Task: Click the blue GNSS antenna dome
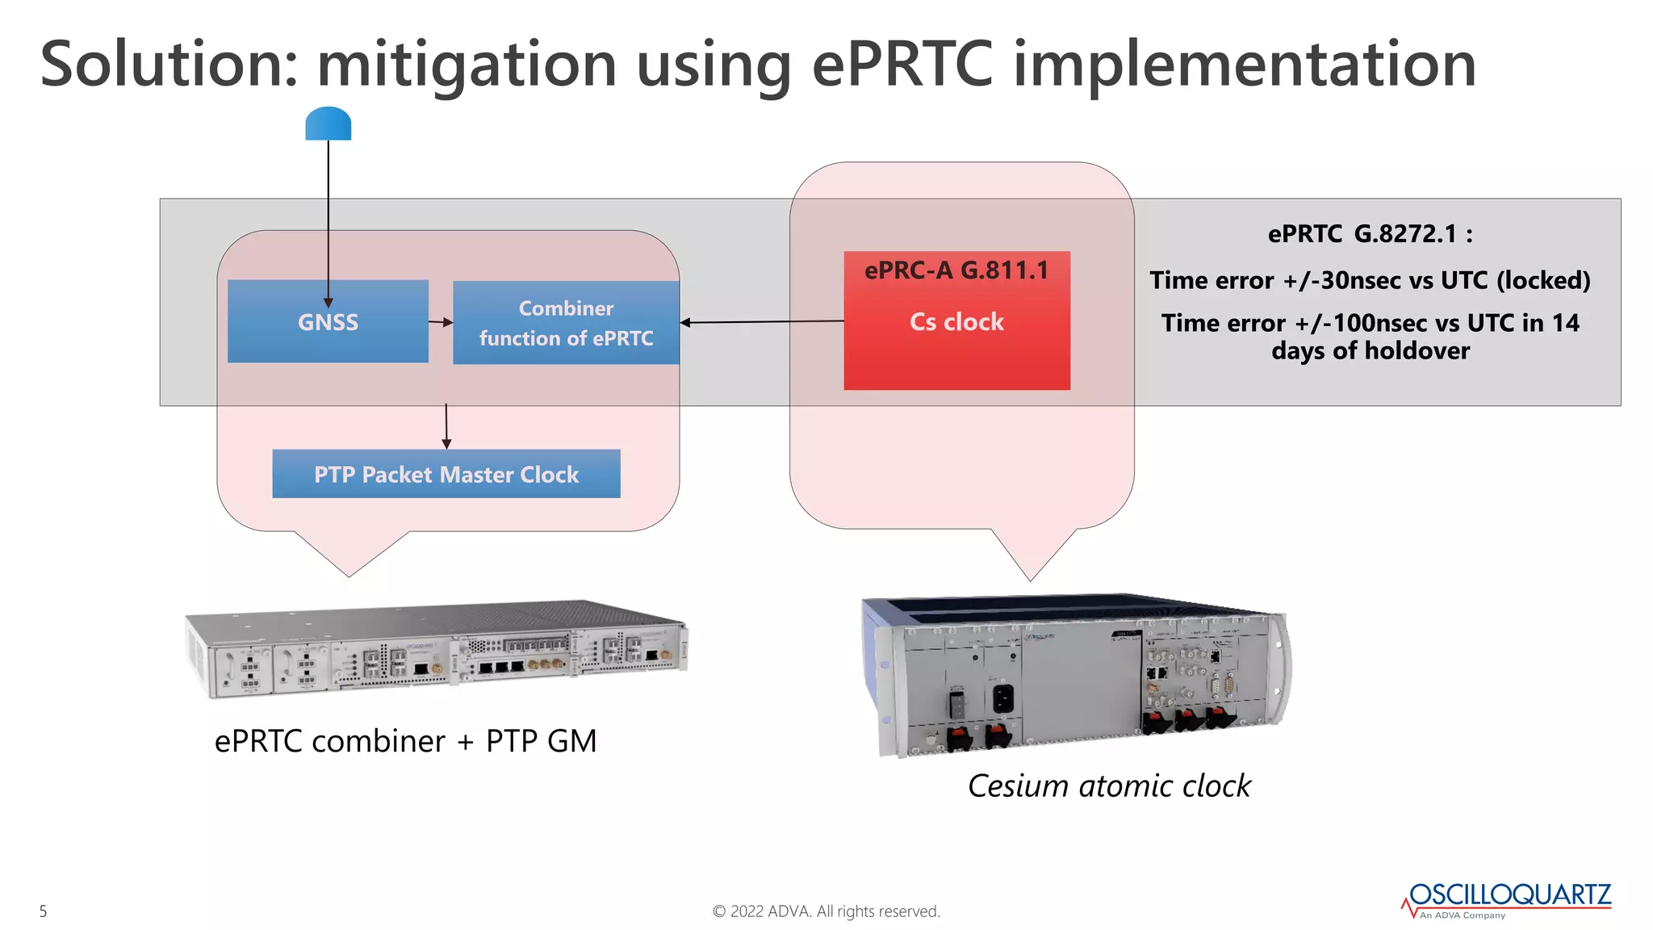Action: [x=329, y=124]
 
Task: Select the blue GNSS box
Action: [x=328, y=321]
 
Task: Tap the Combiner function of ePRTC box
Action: [x=566, y=323]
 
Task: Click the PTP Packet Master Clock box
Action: [x=446, y=474]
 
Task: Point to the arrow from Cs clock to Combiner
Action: [x=762, y=322]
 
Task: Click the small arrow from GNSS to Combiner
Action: [x=441, y=322]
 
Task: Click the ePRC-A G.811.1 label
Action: [x=956, y=270]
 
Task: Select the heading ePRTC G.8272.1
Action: [x=1370, y=234]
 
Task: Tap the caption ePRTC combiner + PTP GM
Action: [x=405, y=740]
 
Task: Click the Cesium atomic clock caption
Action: [x=1109, y=785]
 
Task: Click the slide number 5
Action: [x=44, y=911]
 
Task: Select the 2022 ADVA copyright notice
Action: [x=826, y=911]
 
